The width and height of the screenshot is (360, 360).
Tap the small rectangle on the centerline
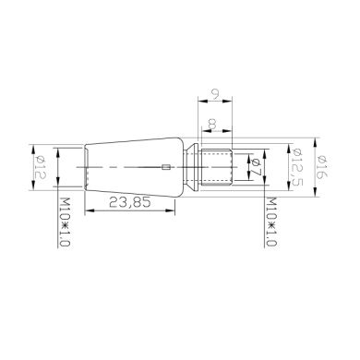pyautogui.click(x=164, y=167)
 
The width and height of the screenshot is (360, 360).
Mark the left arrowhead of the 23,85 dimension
pyautogui.click(x=89, y=210)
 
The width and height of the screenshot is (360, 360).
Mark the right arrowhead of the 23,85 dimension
pyautogui.click(x=173, y=210)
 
